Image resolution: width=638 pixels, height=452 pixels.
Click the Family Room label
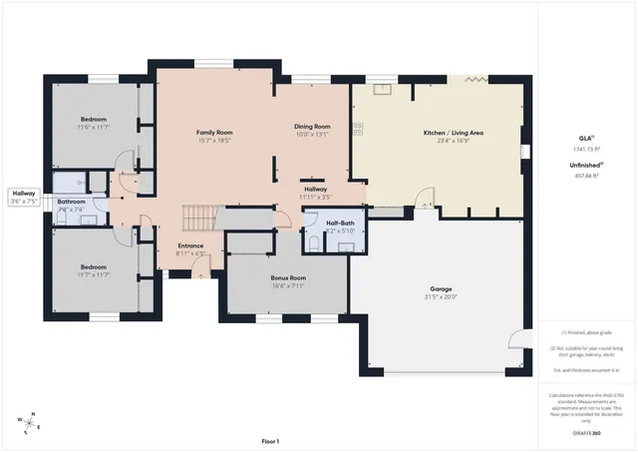click(214, 132)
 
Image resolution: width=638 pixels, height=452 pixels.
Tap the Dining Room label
click(312, 127)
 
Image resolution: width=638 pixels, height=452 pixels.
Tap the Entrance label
click(190, 245)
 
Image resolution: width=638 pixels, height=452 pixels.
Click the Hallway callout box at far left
click(24, 197)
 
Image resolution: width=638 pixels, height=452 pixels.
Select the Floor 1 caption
click(270, 441)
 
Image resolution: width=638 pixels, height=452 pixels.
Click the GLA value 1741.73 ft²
click(586, 150)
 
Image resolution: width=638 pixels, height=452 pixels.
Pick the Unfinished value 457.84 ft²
click(586, 175)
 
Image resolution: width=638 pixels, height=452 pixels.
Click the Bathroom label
click(71, 203)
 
